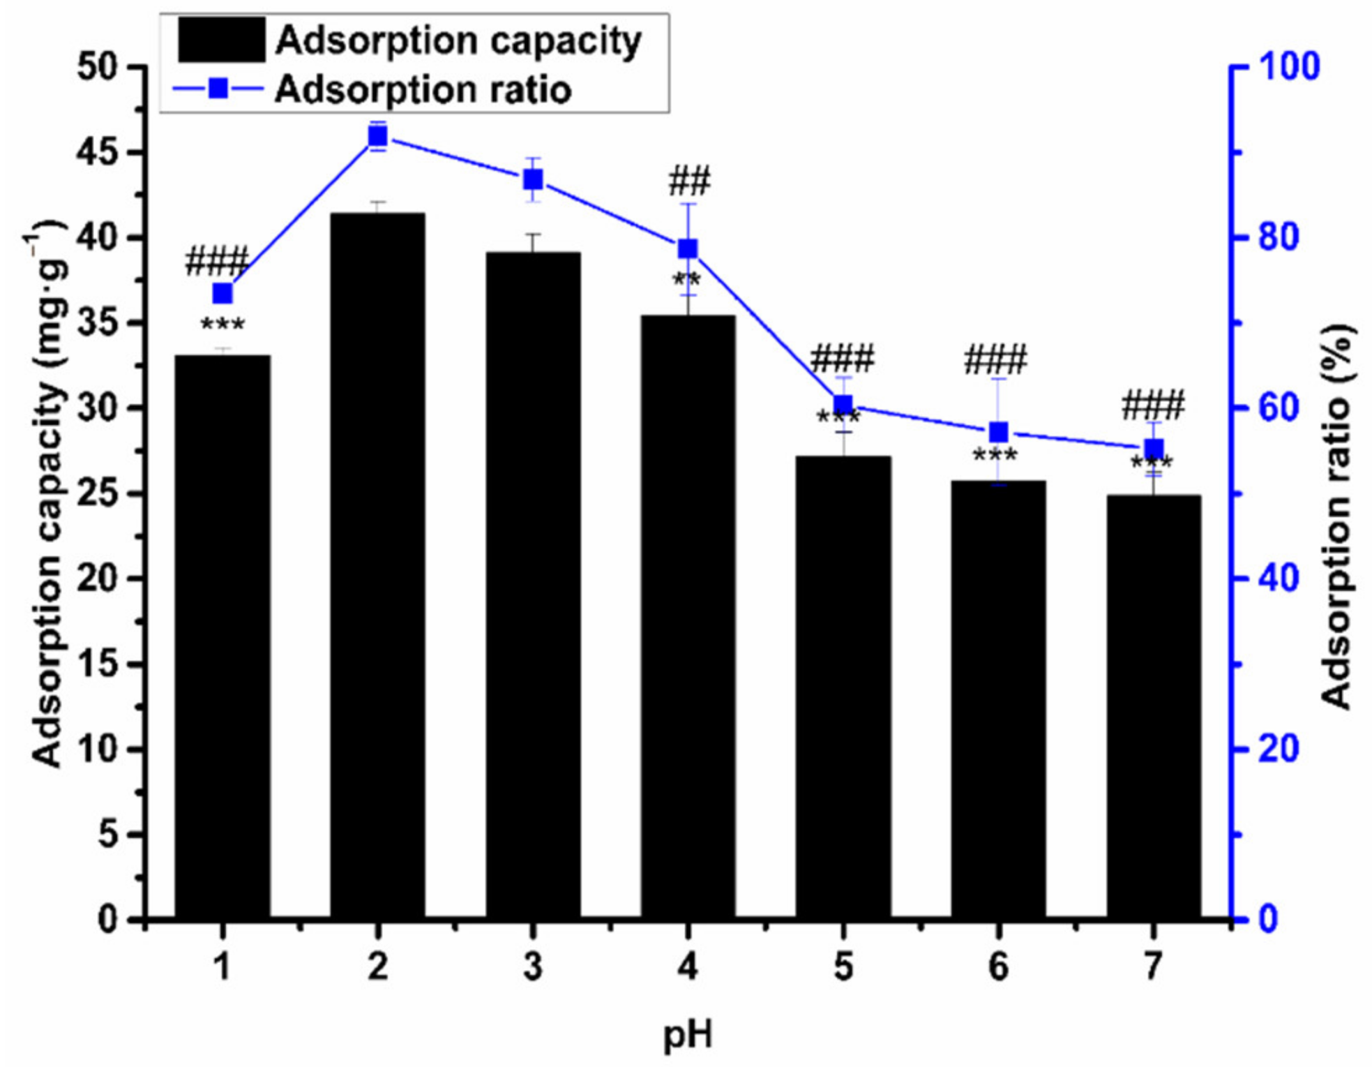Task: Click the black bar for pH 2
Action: tap(377, 565)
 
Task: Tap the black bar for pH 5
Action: tap(843, 687)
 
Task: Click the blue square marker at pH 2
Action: tap(377, 136)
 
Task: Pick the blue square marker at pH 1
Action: tap(223, 294)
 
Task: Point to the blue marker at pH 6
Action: tap(999, 433)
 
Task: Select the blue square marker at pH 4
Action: tap(688, 249)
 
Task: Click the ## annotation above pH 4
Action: tap(689, 181)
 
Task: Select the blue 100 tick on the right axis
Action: tap(1290, 67)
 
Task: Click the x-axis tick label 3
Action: tap(533, 967)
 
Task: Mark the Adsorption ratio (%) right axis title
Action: tap(1337, 516)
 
